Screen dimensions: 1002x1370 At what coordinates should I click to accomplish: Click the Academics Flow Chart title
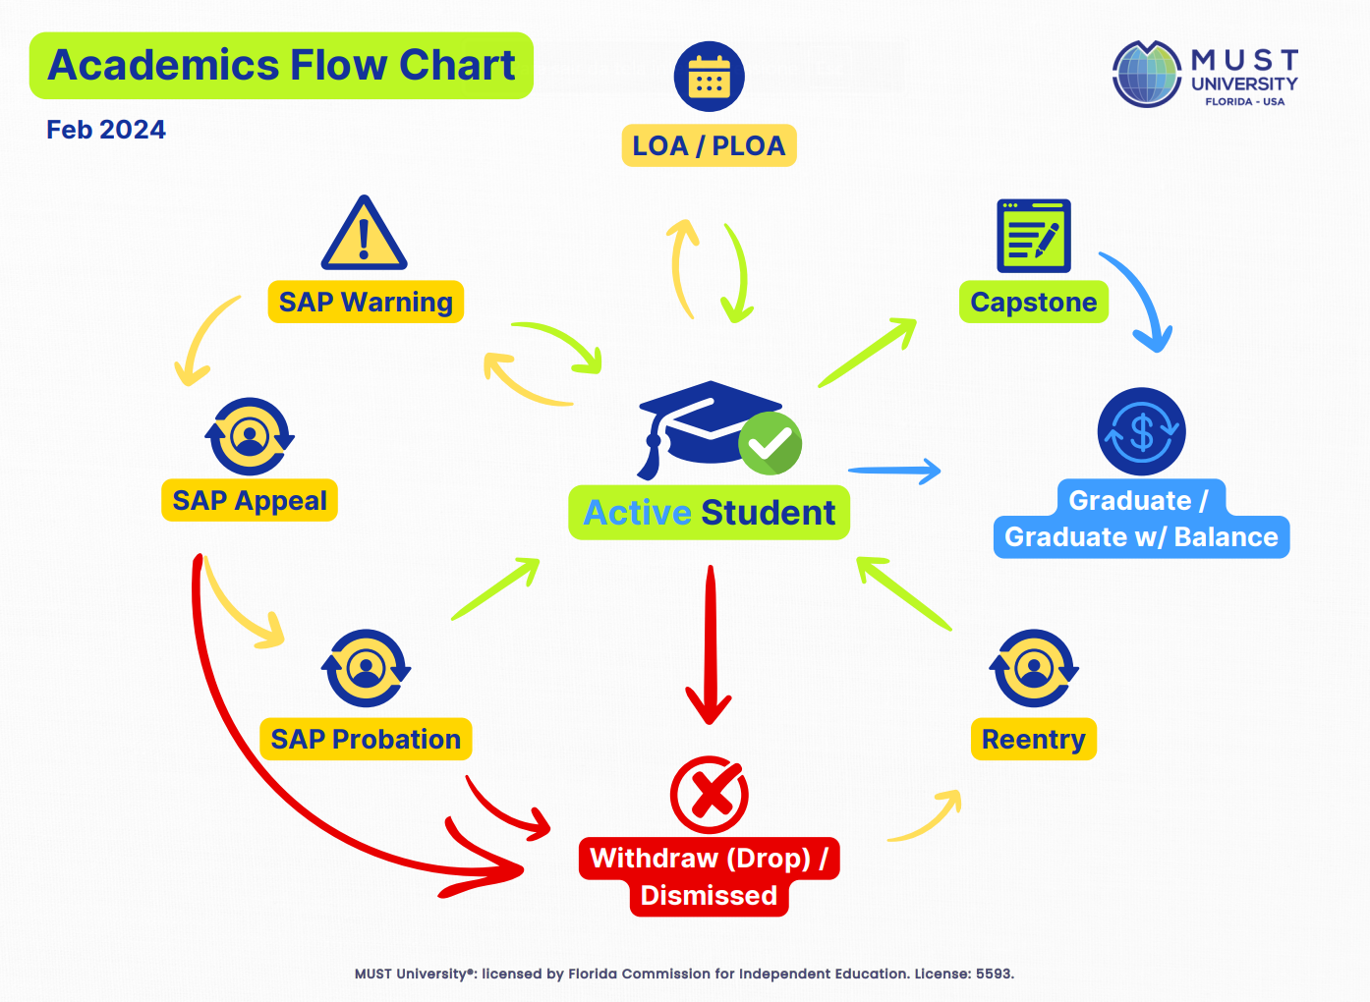coord(281,66)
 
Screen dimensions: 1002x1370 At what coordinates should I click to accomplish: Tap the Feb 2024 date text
coord(106,130)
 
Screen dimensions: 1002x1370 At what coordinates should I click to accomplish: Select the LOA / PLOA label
coord(709,146)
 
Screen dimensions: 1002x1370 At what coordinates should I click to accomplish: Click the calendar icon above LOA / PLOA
coord(709,77)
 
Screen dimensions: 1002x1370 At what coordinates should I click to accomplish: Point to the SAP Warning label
coord(366,303)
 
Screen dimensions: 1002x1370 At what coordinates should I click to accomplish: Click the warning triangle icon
coord(364,236)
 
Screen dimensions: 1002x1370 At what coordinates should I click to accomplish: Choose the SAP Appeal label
coord(250,501)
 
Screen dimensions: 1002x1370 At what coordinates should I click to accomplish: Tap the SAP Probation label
coord(366,740)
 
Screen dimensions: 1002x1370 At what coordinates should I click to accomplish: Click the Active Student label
coord(709,513)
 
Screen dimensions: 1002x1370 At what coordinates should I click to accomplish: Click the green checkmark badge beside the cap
coord(771,443)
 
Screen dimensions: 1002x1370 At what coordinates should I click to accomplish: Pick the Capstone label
coord(1033,303)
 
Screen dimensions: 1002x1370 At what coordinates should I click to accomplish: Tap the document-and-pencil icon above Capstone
coord(1033,236)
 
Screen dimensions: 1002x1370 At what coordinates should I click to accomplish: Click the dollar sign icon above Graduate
coord(1141,432)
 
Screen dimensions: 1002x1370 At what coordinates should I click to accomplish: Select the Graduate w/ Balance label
coord(1141,537)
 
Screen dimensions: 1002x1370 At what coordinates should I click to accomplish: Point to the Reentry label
coord(1033,740)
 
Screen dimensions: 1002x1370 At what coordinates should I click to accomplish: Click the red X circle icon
coord(709,795)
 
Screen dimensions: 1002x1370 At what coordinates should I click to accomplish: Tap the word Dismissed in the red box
coord(709,896)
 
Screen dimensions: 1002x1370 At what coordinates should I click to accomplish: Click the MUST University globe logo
coord(1146,75)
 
